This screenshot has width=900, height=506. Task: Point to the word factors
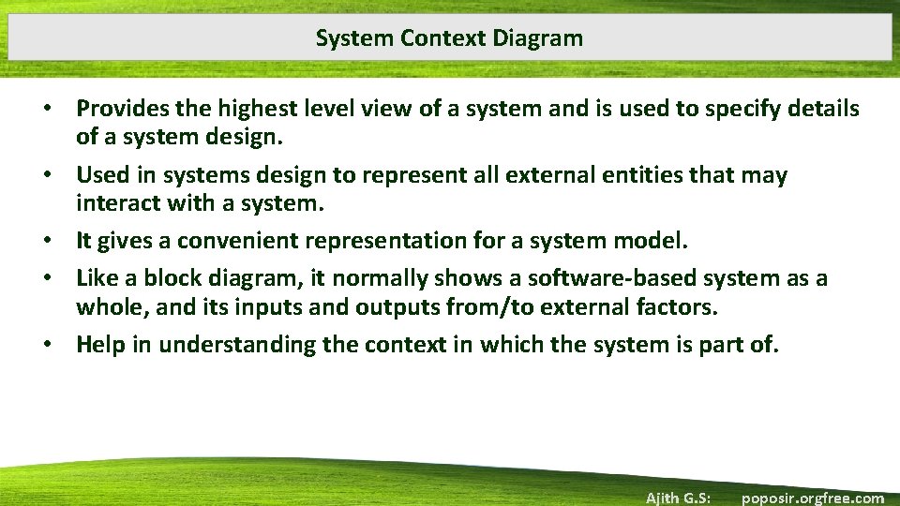[x=670, y=305]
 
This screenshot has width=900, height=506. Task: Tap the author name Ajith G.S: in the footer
[x=678, y=498]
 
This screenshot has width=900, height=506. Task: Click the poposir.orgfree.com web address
[x=812, y=498]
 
